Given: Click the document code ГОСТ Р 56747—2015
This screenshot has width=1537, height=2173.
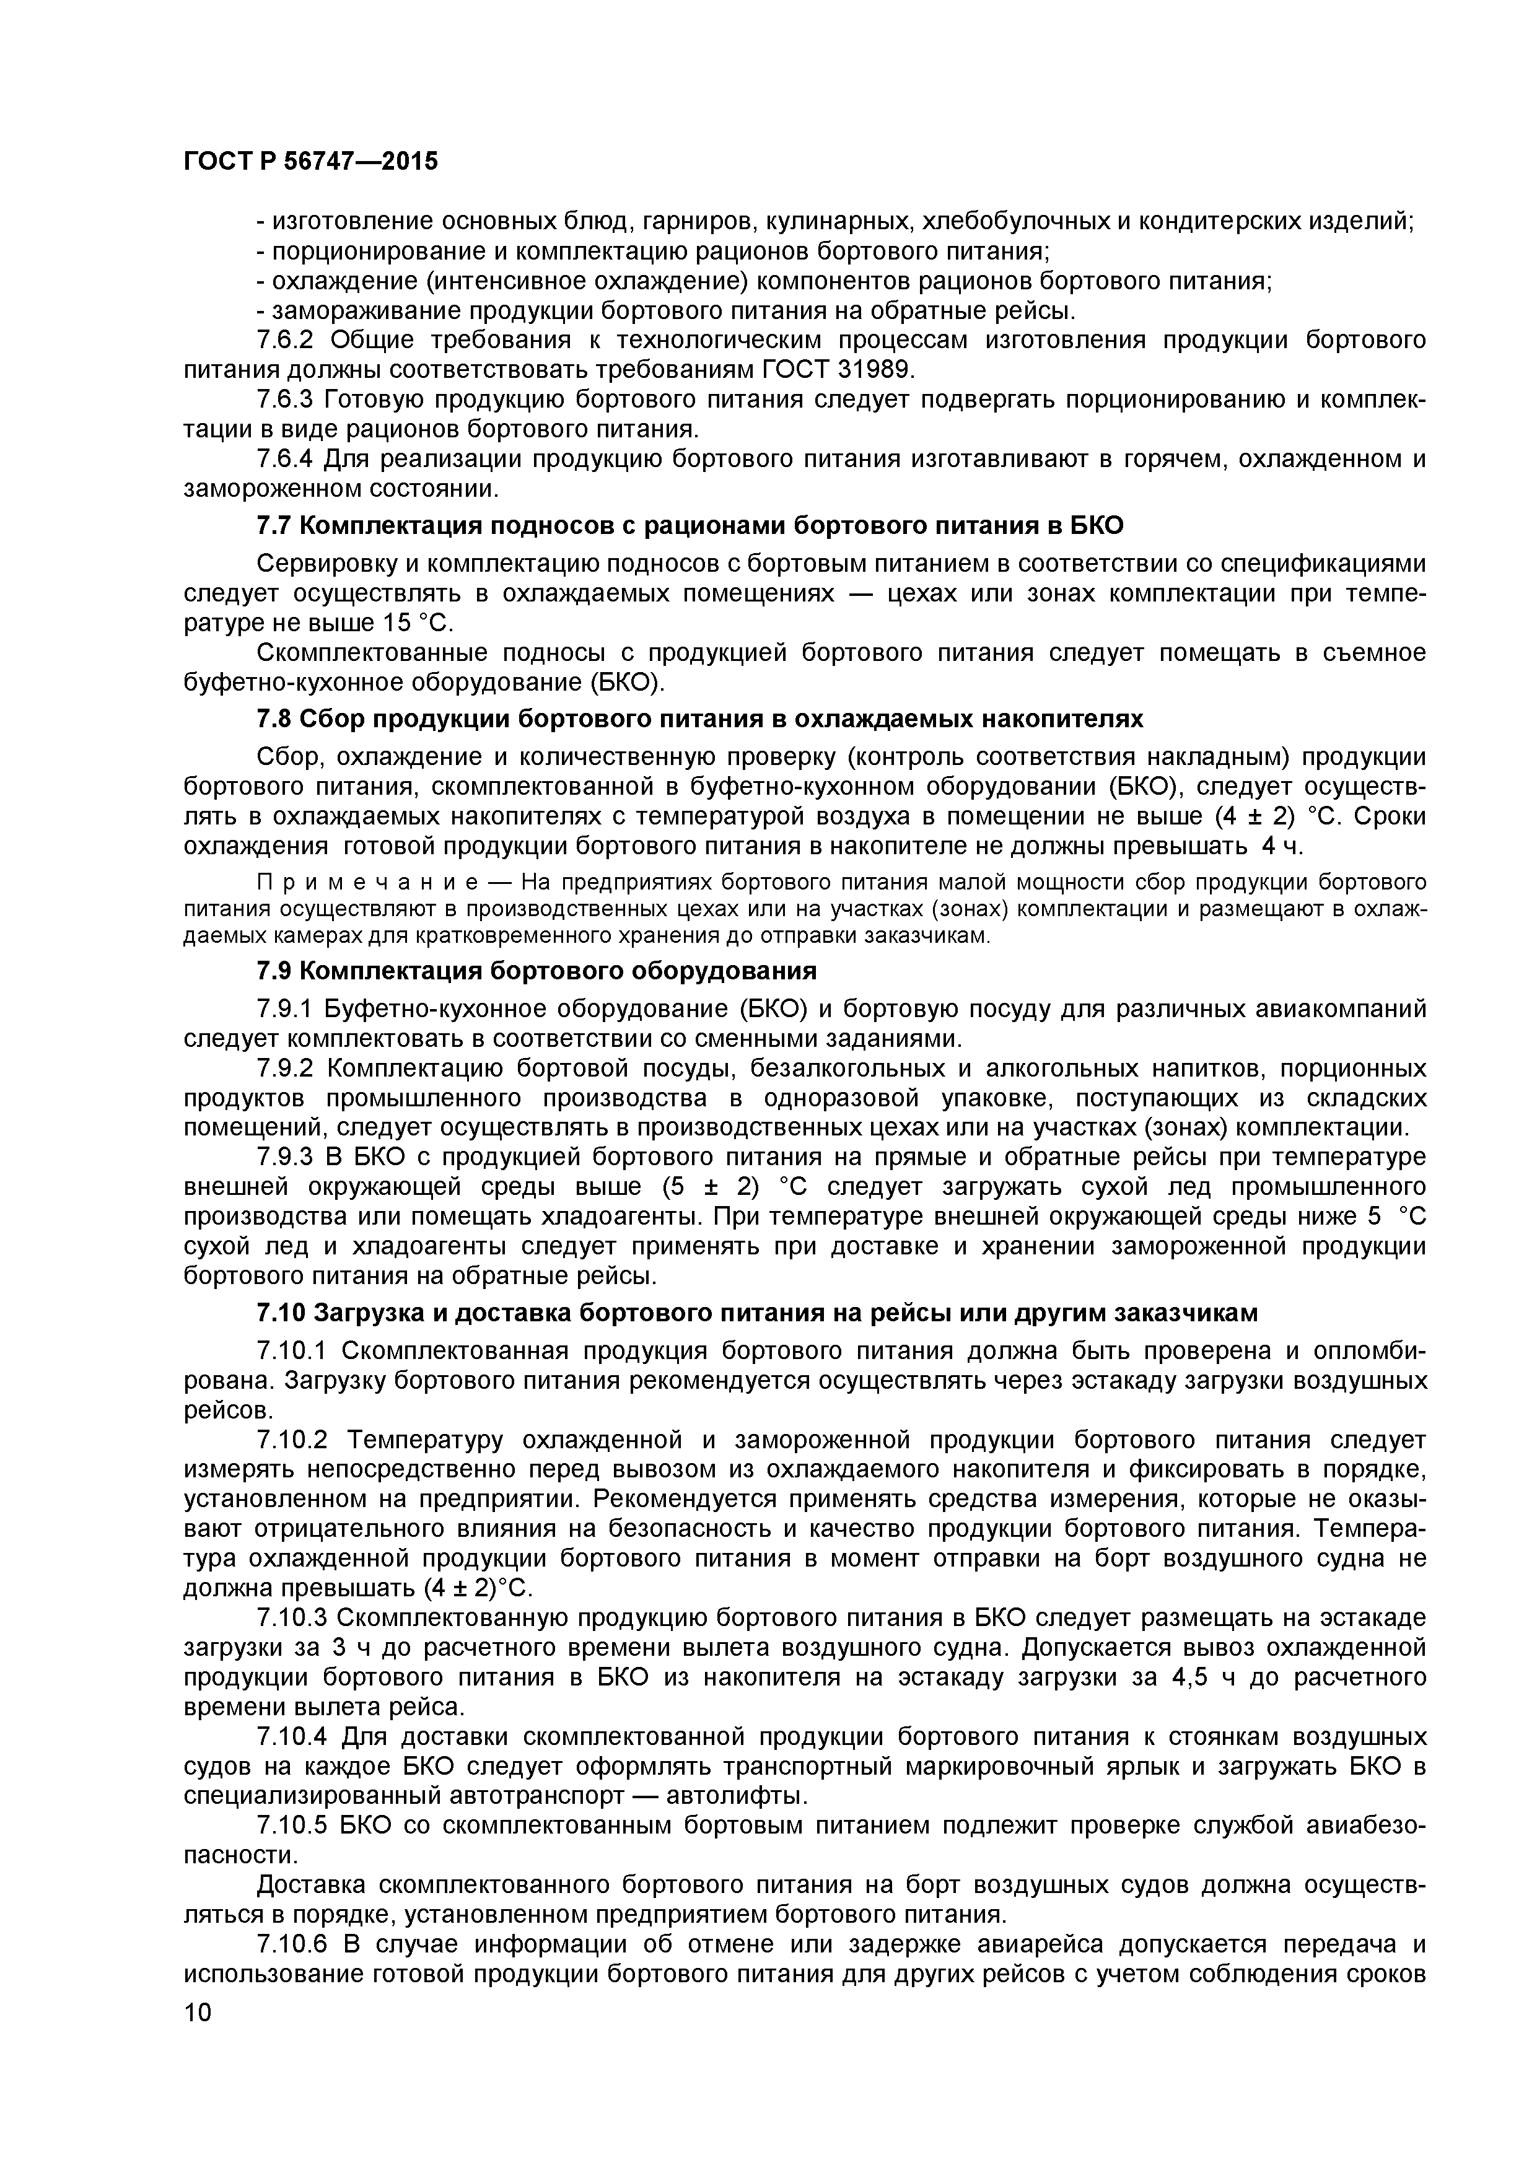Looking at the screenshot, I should [310, 162].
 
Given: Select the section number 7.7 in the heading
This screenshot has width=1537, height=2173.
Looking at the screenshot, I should [276, 525].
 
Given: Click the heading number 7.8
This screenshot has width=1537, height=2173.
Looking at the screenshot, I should [276, 719].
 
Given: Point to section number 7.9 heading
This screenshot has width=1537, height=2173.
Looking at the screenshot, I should [276, 971].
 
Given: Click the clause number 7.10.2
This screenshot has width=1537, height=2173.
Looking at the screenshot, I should [294, 1440].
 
